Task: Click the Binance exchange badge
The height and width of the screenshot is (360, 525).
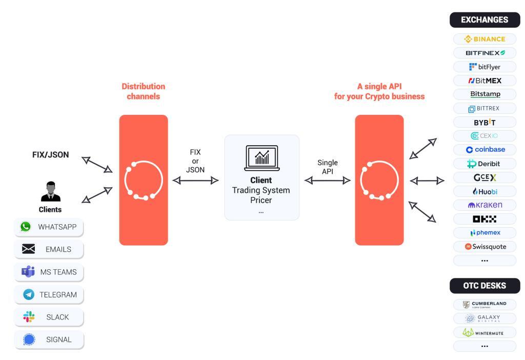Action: pyautogui.click(x=484, y=39)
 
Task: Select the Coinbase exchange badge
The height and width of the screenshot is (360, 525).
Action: pyautogui.click(x=484, y=150)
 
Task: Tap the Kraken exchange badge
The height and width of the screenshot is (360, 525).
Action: pyautogui.click(x=484, y=205)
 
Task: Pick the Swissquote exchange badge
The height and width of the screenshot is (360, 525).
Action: pyautogui.click(x=484, y=247)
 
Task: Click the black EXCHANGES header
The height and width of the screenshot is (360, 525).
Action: pyautogui.click(x=484, y=20)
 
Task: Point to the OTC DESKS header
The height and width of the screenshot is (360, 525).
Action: pyautogui.click(x=484, y=286)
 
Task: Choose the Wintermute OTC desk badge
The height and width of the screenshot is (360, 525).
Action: pyautogui.click(x=484, y=332)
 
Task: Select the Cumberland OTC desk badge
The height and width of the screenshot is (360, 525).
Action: pyautogui.click(x=484, y=305)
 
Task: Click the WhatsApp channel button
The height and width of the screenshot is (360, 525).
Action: pyautogui.click(x=49, y=227)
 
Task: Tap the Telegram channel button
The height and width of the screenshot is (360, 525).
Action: pyautogui.click(x=49, y=295)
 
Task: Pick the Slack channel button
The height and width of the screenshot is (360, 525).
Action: pyautogui.click(x=49, y=317)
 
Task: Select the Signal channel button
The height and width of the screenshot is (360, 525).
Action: pyautogui.click(x=49, y=339)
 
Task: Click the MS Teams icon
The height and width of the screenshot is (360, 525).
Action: pyautogui.click(x=28, y=272)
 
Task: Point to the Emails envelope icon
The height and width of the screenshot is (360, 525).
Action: pyautogui.click(x=28, y=250)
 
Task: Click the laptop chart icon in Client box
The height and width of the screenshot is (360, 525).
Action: pyautogui.click(x=261, y=157)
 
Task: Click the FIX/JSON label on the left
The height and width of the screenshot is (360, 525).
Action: pyautogui.click(x=50, y=154)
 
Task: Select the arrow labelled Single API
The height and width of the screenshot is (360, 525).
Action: pyautogui.click(x=328, y=180)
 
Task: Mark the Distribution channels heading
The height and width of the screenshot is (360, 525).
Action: pyautogui.click(x=143, y=91)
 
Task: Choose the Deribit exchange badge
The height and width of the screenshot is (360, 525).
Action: pyautogui.click(x=484, y=164)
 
